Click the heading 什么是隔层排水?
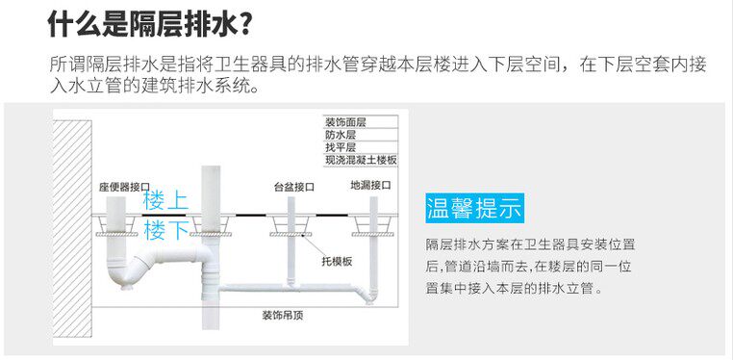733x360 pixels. tap(151, 23)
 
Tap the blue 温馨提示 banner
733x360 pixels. tap(474, 208)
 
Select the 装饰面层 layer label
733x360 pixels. tap(345, 122)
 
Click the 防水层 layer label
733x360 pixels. tap(341, 135)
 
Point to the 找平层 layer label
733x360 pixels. tap(341, 147)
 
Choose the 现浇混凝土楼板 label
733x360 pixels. tap(361, 161)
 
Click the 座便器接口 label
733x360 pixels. tap(120, 188)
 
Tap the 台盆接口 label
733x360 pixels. tap(294, 188)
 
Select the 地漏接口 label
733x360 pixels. tap(370, 186)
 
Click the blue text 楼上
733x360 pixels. tap(166, 201)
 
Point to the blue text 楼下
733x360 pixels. tap(166, 230)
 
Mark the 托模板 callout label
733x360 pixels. tap(337, 262)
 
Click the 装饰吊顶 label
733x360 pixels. tap(283, 316)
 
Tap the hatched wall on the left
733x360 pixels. tap(72, 228)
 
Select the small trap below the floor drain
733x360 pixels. tap(369, 295)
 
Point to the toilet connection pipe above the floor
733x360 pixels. tap(116, 206)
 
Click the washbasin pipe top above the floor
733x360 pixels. tap(291, 206)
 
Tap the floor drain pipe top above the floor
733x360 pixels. tap(373, 206)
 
